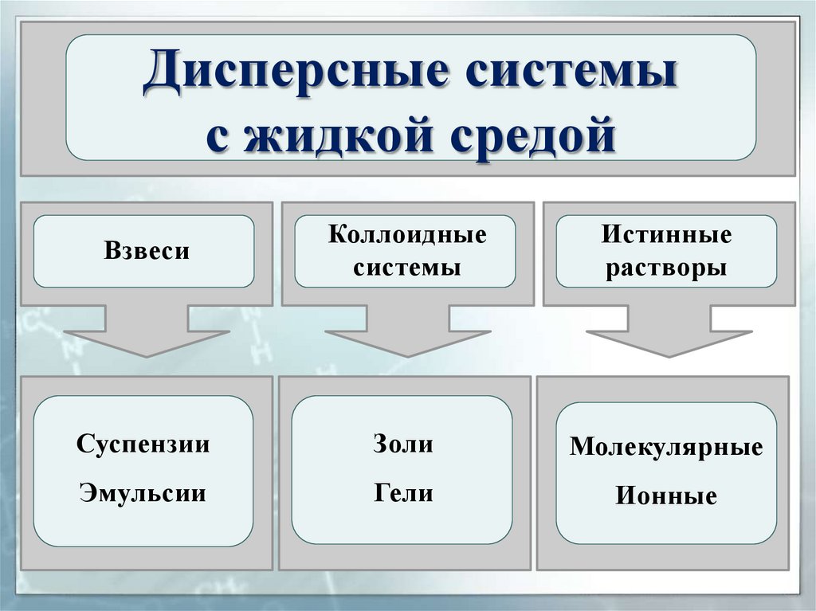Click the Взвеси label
click(147, 252)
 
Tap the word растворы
click(666, 267)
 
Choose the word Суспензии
click(143, 444)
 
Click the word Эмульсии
click(143, 493)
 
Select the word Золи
click(403, 444)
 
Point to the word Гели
click(403, 493)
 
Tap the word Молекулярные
click(666, 446)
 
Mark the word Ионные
click(666, 497)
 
